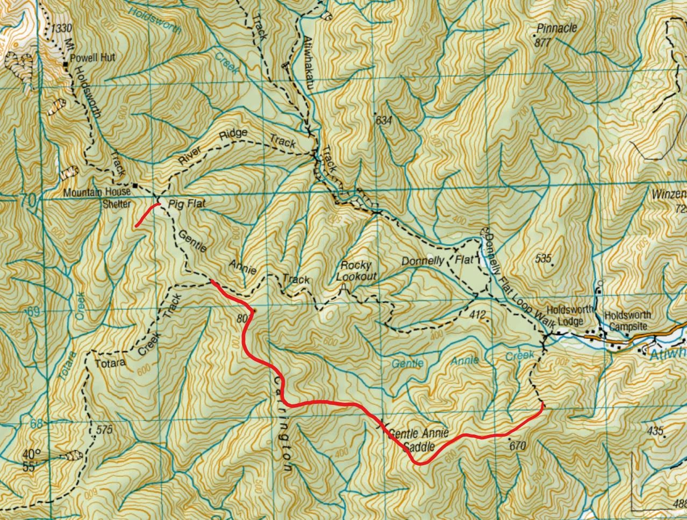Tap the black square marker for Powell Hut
[65, 65]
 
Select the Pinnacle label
[557, 28]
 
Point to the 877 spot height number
[543, 43]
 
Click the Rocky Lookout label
[356, 271]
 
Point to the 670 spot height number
[516, 446]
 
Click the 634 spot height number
[383, 121]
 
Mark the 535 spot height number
[544, 259]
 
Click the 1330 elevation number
[62, 28]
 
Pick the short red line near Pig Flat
[146, 215]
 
